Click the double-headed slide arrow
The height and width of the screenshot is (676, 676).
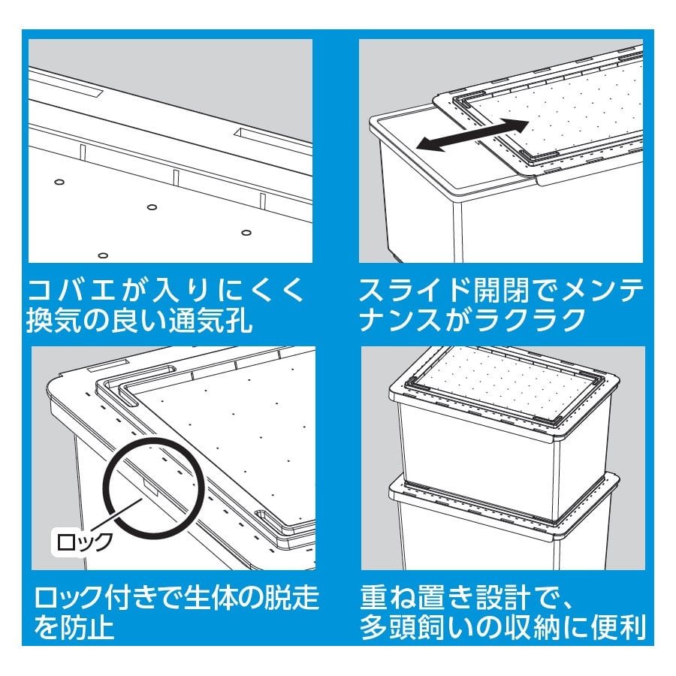click(x=472, y=135)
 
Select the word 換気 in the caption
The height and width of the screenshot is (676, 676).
click(x=53, y=320)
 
